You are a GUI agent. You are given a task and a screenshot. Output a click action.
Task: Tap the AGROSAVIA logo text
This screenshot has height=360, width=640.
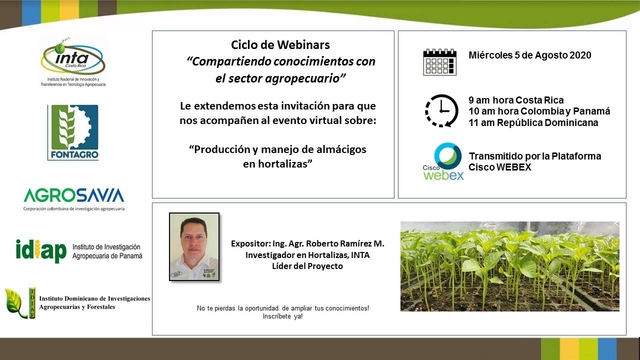(73, 194)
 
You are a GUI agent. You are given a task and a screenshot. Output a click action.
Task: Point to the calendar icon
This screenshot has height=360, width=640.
(441, 61)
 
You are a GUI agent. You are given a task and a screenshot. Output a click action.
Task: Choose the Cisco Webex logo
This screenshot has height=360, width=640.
(441, 162)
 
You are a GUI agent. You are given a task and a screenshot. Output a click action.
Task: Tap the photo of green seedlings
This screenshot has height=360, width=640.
(509, 265)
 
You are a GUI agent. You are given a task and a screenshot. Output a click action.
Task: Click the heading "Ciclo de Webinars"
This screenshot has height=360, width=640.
(267, 46)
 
